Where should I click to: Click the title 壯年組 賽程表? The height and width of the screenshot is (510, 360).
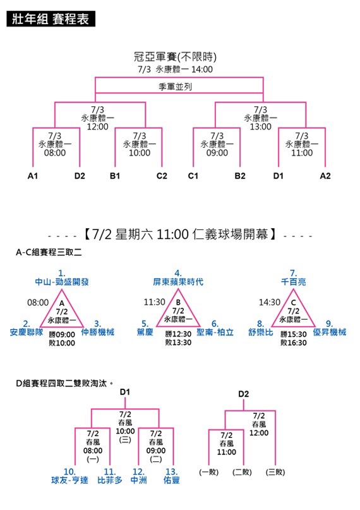point(51,19)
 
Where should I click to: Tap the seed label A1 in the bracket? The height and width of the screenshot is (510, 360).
point(32,176)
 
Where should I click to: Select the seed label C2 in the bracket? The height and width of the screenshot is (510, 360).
point(162,176)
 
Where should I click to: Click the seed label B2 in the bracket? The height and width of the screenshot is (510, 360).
point(240,176)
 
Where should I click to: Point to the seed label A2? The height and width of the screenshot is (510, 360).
point(325,176)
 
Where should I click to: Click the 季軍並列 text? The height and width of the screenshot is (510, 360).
point(175,87)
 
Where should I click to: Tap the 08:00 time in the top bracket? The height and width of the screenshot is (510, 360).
point(55,152)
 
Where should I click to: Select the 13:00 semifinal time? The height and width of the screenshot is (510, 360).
point(261,126)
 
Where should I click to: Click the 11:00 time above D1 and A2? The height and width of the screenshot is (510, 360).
point(302,152)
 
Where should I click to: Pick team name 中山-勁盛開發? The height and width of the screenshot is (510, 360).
point(62,282)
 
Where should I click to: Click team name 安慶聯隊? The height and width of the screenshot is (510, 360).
point(27,332)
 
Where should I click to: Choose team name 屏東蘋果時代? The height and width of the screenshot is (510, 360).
point(178,282)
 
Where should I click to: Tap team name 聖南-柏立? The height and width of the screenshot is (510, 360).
point(215,332)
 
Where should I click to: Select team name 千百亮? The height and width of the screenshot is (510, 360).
point(294,282)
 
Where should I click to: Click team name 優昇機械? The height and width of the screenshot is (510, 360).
point(330,332)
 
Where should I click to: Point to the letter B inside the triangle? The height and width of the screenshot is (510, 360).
point(178,303)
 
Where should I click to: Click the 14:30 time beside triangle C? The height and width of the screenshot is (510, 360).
point(269,303)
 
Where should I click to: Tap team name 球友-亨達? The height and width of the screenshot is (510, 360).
point(69,480)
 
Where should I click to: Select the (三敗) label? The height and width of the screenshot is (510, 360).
point(275,472)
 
